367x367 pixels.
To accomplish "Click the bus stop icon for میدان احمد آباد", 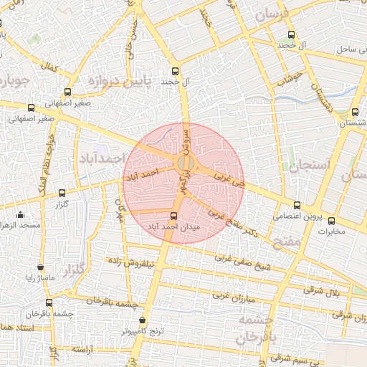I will [173, 216].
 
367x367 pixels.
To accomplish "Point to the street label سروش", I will [188, 140].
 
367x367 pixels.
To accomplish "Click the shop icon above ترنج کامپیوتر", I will [142, 320].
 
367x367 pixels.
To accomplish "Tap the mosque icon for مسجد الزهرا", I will [19, 214].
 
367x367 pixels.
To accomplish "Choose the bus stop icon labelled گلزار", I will [62, 193].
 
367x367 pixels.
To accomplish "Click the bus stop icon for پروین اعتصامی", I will [297, 206].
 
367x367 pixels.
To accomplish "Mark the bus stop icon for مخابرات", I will [331, 221].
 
